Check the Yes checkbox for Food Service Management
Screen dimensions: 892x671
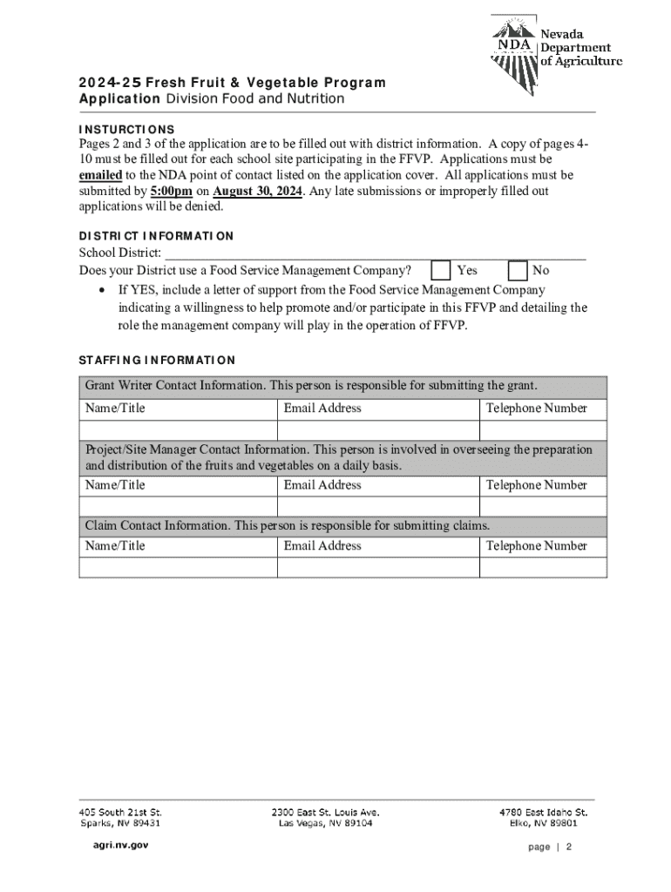442,270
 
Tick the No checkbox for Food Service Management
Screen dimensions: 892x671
518,270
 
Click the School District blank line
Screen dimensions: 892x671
375,253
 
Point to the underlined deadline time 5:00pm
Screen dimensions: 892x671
172,192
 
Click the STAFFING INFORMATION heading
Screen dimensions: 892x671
157,360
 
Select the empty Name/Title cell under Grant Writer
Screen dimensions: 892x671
178,430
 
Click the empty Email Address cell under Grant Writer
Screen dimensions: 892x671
378,430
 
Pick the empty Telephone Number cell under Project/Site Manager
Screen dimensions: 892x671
543,506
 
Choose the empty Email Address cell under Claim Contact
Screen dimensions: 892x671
378,567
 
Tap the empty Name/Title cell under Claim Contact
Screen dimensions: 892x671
178,567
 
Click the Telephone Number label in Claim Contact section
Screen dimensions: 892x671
536,546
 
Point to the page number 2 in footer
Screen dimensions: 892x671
568,847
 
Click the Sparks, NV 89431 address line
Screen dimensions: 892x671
120,823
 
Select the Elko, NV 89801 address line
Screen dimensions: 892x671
543,823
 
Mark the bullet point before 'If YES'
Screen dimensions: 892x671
103,291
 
